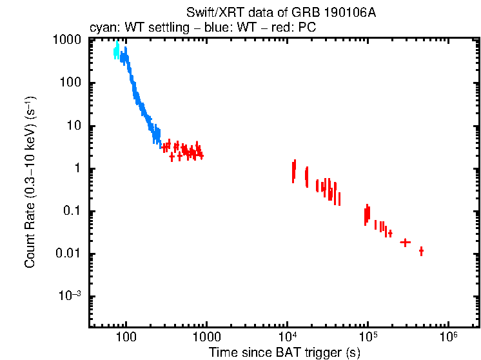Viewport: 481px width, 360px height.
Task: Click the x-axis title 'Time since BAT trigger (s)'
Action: click(x=284, y=352)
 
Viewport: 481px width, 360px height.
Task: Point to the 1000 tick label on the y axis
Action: click(x=67, y=40)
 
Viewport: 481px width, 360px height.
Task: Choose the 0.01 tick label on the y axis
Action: click(x=68, y=254)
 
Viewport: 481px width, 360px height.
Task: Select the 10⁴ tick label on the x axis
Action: click(x=288, y=337)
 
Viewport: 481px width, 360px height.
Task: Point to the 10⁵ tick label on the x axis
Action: click(x=368, y=337)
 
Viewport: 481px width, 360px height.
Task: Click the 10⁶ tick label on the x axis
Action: click(x=449, y=337)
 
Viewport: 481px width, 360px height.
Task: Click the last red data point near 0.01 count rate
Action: click(x=421, y=251)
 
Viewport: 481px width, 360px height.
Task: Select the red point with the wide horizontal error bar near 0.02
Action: click(x=405, y=242)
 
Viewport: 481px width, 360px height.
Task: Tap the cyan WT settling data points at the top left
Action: click(x=117, y=50)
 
